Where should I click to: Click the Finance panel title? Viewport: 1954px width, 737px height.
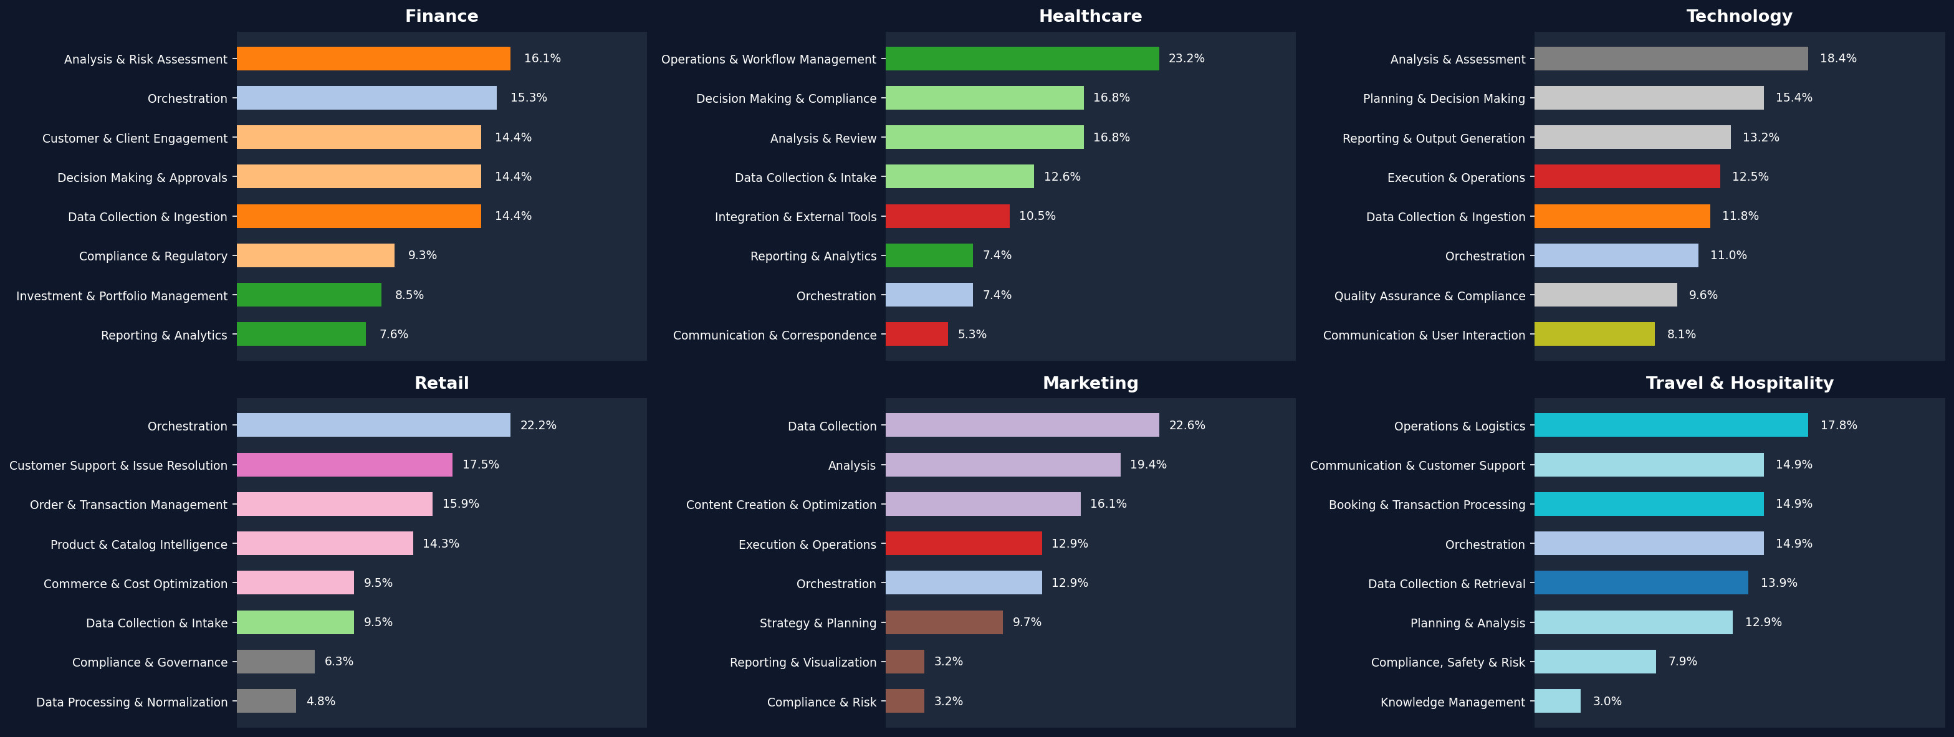tap(441, 16)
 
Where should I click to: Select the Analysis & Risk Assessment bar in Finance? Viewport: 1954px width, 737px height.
tap(373, 59)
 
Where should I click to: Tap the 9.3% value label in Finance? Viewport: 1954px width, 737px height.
tap(422, 255)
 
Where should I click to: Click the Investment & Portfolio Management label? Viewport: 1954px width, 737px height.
tap(122, 296)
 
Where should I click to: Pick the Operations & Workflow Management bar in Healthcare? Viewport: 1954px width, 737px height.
tap(1022, 59)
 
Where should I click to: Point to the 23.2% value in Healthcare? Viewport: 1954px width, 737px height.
tap(1186, 59)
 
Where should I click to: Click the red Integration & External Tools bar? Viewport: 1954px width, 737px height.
tap(947, 216)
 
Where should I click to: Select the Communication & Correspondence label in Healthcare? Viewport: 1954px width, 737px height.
tap(775, 335)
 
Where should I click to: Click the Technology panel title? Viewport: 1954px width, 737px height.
tap(1738, 16)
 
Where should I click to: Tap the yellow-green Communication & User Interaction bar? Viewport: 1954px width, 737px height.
tap(1594, 335)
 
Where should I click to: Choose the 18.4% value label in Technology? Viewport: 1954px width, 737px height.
tap(1838, 59)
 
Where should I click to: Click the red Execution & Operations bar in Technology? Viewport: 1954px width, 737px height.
tap(1627, 177)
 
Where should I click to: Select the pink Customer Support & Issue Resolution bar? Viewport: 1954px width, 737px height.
tap(345, 465)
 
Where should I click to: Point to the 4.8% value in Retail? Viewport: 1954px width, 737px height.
tap(321, 701)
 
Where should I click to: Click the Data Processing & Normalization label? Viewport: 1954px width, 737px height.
tap(132, 702)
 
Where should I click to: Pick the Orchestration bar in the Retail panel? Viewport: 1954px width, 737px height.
tap(373, 426)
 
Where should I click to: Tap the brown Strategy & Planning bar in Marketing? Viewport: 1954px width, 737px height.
tap(944, 622)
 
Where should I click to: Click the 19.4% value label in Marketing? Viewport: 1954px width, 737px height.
tap(1147, 465)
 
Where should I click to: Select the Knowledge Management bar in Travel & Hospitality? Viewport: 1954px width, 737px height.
tap(1558, 701)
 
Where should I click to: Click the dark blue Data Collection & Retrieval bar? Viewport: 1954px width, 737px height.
tap(1640, 583)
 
